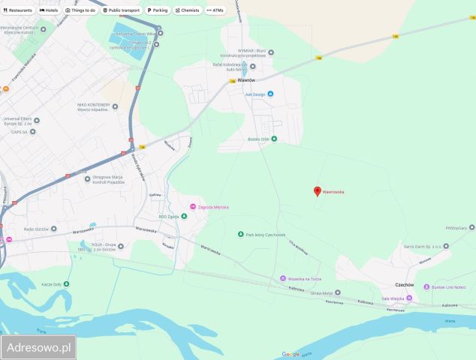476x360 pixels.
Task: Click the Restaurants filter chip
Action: point(18,10)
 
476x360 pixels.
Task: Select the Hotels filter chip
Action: point(49,10)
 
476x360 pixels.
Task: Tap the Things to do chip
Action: point(80,10)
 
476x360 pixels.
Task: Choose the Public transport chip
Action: point(122,10)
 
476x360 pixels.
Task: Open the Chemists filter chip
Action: point(187,10)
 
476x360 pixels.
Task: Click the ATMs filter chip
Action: point(215,10)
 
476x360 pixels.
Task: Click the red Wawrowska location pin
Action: point(317,190)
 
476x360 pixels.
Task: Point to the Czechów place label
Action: point(405,285)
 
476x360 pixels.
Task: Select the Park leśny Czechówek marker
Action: point(240,235)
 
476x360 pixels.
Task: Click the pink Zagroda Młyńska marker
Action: point(192,207)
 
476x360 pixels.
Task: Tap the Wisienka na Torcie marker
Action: point(282,278)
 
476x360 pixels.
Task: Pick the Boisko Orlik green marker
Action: point(273,139)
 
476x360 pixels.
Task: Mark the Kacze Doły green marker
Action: point(67,283)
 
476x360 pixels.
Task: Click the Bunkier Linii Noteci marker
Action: point(425,287)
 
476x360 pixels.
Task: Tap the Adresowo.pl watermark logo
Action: point(38,347)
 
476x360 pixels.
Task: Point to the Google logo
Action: point(291,354)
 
